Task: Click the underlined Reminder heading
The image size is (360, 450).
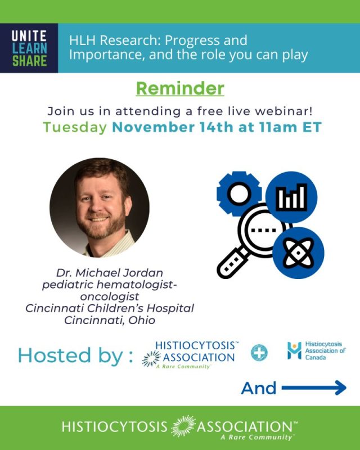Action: pyautogui.click(x=180, y=88)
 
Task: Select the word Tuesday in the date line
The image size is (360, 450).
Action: pyautogui.click(x=74, y=127)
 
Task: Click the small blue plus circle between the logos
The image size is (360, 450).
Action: pyautogui.click(x=259, y=353)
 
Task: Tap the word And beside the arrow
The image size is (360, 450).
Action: pyautogui.click(x=259, y=388)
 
